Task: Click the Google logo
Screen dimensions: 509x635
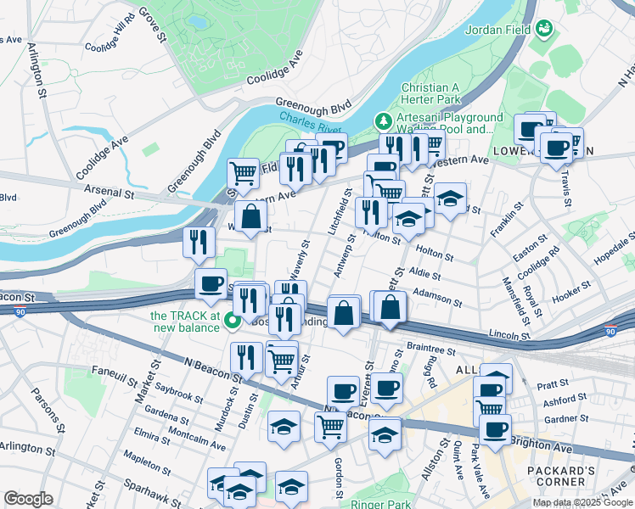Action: click(x=28, y=499)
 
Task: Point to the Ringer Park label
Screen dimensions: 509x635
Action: click(x=380, y=504)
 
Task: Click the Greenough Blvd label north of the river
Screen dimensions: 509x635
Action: click(x=311, y=108)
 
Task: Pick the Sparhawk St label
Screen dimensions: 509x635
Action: click(x=166, y=486)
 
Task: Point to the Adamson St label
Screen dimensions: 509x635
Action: click(x=436, y=296)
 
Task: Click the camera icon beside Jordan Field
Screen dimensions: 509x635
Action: click(x=543, y=31)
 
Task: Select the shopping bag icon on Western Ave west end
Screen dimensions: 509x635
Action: click(x=251, y=216)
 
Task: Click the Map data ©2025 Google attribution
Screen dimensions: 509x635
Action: click(x=583, y=502)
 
